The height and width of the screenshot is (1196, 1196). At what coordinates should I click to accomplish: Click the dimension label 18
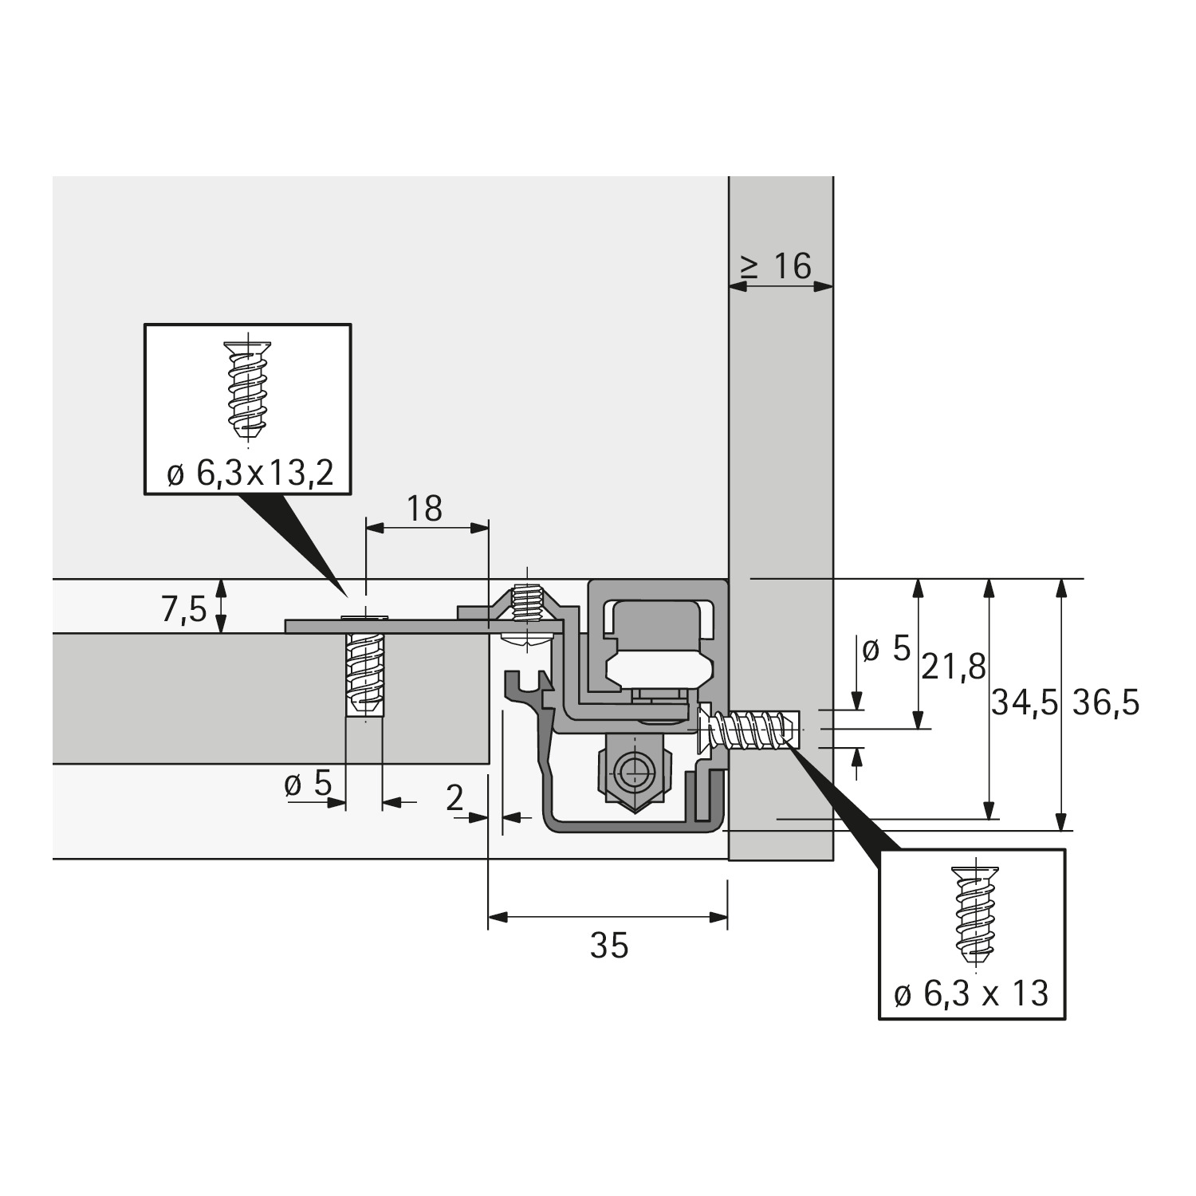[424, 508]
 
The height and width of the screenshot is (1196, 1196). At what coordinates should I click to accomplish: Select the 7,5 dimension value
[183, 609]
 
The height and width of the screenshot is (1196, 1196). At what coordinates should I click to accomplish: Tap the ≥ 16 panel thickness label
[777, 266]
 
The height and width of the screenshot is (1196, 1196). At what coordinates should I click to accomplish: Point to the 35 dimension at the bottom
[609, 946]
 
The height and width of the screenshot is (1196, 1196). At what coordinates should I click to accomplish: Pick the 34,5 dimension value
[1024, 703]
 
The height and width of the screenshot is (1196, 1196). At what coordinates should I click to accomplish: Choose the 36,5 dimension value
[1106, 703]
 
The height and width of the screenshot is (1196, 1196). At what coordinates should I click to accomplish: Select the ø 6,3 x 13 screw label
[971, 994]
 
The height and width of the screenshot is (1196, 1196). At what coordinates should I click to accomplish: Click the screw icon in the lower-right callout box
[973, 912]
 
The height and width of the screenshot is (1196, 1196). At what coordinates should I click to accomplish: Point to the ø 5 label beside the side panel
[886, 650]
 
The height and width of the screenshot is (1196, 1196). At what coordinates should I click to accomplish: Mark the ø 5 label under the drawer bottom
[308, 785]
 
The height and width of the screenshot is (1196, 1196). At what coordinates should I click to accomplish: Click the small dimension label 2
[454, 797]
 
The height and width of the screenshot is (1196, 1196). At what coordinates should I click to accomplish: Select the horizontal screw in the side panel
[748, 728]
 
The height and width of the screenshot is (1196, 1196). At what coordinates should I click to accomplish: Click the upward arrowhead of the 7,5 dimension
[222, 588]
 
